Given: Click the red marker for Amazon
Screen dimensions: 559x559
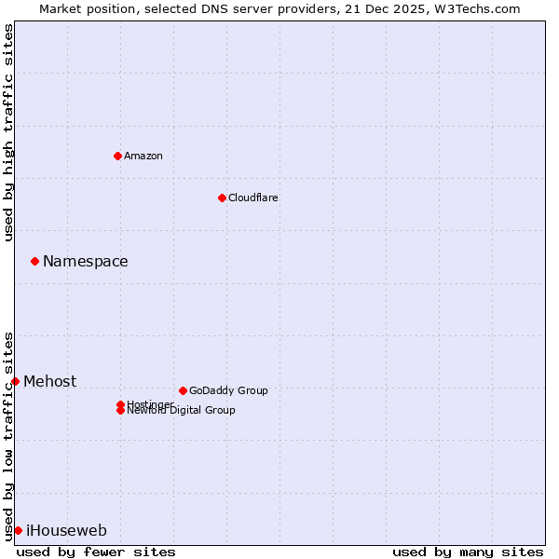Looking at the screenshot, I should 117,156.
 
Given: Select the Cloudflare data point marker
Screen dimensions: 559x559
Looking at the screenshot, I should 222,198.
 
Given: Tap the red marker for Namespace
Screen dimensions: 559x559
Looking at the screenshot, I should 34,261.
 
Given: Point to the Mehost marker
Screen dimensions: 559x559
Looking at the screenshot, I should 15,381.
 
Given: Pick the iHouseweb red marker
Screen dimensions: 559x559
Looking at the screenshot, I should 18,530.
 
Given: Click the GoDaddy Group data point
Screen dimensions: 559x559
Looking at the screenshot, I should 183,390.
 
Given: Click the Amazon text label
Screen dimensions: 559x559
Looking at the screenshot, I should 143,156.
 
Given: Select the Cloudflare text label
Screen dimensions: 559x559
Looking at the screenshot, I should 253,198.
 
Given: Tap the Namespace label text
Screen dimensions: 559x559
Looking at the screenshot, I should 86,262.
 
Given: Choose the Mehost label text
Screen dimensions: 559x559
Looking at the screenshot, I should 50,382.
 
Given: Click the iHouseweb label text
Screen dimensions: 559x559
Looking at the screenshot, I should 66,531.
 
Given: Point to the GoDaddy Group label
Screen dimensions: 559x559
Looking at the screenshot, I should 228,390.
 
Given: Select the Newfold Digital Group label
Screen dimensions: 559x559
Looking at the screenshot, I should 182,411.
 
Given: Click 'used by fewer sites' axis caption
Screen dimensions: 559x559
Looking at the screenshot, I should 96,552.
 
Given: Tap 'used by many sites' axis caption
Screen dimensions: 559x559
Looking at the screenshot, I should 468,552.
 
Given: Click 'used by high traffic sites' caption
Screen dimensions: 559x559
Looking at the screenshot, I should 8,132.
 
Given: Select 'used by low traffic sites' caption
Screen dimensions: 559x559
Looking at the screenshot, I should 8,436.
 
